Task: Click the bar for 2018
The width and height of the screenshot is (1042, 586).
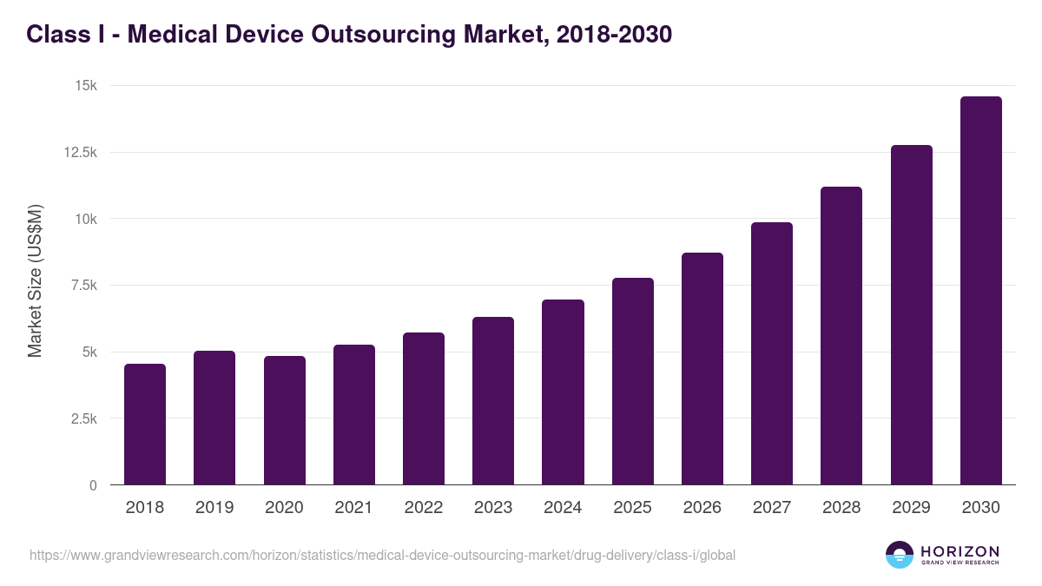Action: [145, 425]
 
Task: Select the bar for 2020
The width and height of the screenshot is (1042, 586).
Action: [284, 420]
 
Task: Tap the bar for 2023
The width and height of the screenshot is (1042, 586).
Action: [493, 401]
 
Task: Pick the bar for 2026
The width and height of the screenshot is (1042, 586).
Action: [702, 369]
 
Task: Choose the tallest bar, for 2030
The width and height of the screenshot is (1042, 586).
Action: [980, 291]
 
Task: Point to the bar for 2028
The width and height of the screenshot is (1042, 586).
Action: [841, 336]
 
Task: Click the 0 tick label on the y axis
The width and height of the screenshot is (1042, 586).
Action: [92, 485]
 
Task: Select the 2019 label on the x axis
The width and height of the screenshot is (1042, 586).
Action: [214, 508]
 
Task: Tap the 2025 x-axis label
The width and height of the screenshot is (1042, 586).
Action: [632, 508]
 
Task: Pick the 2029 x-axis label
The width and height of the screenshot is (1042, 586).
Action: [911, 508]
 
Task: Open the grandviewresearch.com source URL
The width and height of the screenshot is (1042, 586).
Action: [382, 555]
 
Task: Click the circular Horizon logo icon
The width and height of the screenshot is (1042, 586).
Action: [899, 555]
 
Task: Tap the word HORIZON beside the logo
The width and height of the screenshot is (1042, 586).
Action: [960, 551]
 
